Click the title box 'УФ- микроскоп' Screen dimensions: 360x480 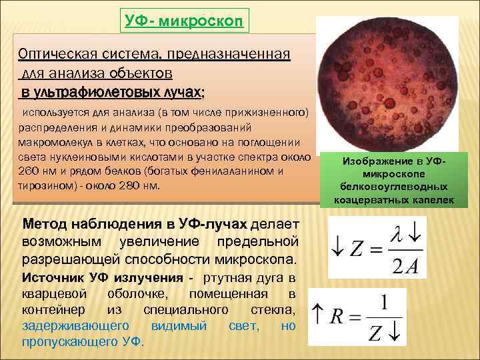184,20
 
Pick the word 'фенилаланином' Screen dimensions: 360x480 223,171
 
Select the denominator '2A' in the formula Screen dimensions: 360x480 403,266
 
